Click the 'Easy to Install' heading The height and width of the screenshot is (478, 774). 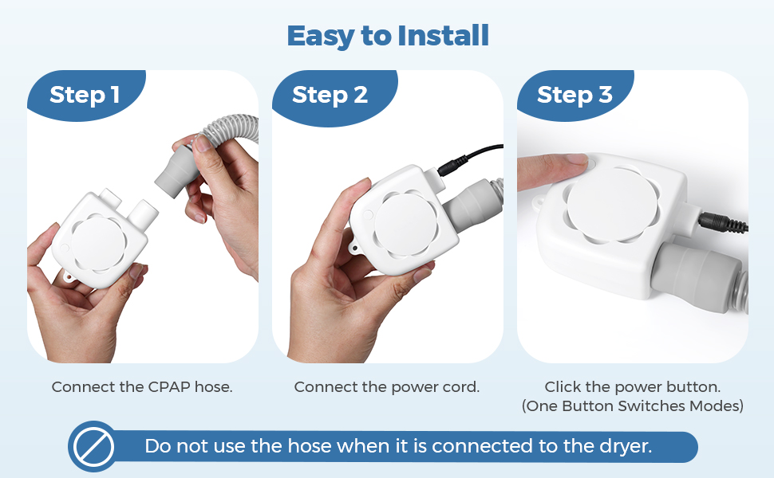point(388,36)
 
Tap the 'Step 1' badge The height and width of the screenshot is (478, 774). point(85,95)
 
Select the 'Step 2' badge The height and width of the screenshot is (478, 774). point(330,95)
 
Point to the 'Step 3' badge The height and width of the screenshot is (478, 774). point(575,95)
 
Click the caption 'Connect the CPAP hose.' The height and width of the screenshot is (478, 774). point(142,387)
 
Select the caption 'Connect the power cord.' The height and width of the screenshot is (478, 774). point(387,387)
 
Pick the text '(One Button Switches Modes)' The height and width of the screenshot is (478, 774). point(632,406)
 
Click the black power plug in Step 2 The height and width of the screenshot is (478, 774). point(453,166)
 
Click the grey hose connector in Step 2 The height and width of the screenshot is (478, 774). point(469,203)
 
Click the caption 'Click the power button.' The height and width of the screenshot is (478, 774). point(632,387)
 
